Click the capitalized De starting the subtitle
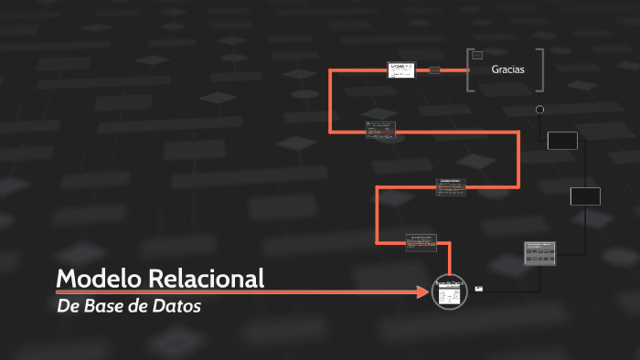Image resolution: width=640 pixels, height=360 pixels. [67, 306]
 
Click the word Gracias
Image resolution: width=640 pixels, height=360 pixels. [507, 69]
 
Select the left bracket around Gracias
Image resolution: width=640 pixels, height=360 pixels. [469, 69]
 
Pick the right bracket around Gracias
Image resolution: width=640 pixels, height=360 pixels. [541, 69]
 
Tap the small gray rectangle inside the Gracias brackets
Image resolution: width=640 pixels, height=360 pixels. [476, 56]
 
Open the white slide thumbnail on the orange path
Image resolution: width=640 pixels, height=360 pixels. [401, 69]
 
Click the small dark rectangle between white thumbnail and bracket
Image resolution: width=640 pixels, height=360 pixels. [434, 69]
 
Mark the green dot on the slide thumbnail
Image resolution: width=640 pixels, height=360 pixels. [368, 123]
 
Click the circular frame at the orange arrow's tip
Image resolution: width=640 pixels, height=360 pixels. [449, 291]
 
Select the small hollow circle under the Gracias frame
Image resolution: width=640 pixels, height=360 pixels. [539, 110]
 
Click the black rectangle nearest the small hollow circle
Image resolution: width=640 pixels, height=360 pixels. [562, 140]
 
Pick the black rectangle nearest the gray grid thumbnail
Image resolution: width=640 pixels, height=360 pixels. [585, 196]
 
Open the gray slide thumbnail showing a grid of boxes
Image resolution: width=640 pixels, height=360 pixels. [540, 253]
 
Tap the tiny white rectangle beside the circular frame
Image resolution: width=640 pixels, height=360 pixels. [479, 289]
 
